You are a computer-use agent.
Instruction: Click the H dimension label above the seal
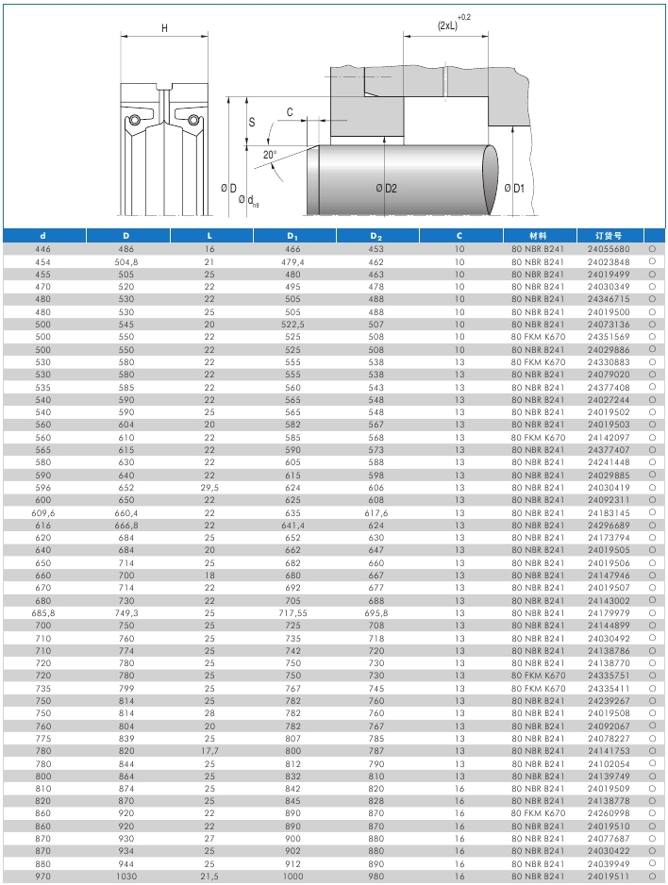(164, 28)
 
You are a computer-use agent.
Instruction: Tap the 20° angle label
(270, 155)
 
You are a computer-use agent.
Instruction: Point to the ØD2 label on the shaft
(386, 189)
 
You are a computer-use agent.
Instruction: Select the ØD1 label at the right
(513, 189)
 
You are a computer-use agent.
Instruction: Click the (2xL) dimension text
(448, 25)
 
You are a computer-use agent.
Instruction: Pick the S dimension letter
(251, 123)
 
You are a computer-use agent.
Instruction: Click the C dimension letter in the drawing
(291, 112)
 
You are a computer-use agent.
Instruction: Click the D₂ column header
(376, 235)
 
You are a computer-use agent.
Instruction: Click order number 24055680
(609, 249)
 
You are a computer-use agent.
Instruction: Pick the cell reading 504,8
(126, 261)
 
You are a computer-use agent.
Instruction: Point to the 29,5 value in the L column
(209, 487)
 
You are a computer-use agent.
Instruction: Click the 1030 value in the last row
(126, 876)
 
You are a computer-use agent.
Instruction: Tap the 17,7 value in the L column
(209, 750)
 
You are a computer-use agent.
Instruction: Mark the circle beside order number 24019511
(652, 876)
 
